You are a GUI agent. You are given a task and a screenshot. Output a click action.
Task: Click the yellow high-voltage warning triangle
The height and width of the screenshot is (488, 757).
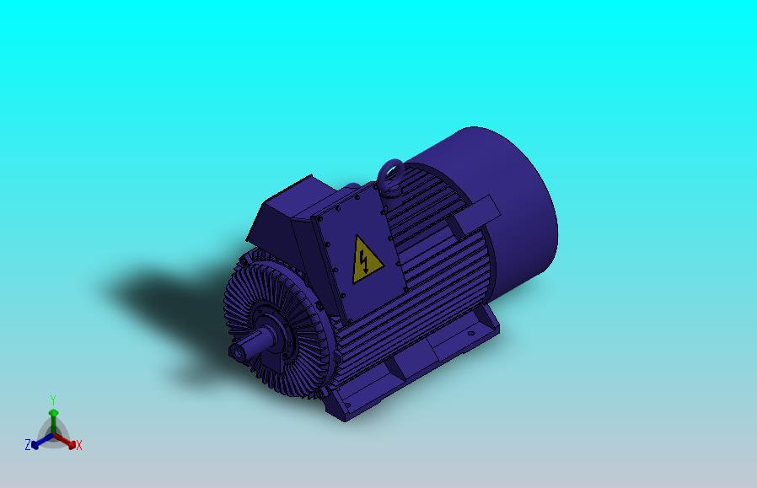[x=366, y=260]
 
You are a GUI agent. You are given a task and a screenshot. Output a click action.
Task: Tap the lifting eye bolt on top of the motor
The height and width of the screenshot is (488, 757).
[x=389, y=175]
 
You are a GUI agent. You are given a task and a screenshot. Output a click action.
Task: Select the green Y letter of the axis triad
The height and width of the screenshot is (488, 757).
[x=52, y=400]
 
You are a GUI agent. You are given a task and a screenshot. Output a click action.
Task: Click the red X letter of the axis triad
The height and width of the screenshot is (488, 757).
[x=78, y=445]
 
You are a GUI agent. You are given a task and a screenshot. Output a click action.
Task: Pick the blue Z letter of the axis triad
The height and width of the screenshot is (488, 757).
[x=28, y=445]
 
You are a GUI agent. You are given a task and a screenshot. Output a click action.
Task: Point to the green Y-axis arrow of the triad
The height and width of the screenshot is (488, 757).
[x=53, y=419]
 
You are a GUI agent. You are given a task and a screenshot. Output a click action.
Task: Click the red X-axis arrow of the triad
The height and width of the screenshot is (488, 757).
[x=67, y=441]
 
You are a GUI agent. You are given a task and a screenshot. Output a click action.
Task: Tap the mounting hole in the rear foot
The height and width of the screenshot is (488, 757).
[x=469, y=332]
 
